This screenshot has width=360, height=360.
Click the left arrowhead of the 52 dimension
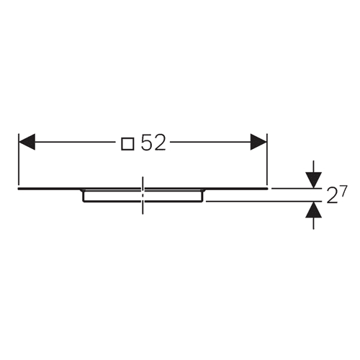[x=27, y=142]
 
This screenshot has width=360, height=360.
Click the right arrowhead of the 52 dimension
[x=258, y=142]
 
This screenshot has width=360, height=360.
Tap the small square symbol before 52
[x=127, y=144]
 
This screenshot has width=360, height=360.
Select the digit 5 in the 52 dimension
[x=147, y=143]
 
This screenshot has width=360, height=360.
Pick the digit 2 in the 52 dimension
[x=160, y=143]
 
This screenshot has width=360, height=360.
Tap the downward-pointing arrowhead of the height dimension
[x=313, y=180]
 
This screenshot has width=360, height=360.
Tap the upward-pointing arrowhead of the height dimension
[x=313, y=210]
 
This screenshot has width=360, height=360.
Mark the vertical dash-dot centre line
[x=143, y=195]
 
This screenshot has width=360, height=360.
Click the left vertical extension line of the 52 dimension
[x=19, y=160]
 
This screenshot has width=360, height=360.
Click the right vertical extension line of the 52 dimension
[x=267, y=160]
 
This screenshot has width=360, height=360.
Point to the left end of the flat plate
[x=18, y=189]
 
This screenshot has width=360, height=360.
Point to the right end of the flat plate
[x=268, y=189]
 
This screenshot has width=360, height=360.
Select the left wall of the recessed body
[x=83, y=196]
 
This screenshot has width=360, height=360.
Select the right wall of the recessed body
[x=203, y=196]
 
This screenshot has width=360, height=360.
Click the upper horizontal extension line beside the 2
[x=297, y=189]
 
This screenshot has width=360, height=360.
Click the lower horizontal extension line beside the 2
[x=264, y=202]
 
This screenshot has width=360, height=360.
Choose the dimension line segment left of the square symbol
[x=75, y=142]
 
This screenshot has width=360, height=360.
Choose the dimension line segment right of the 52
[x=210, y=142]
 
